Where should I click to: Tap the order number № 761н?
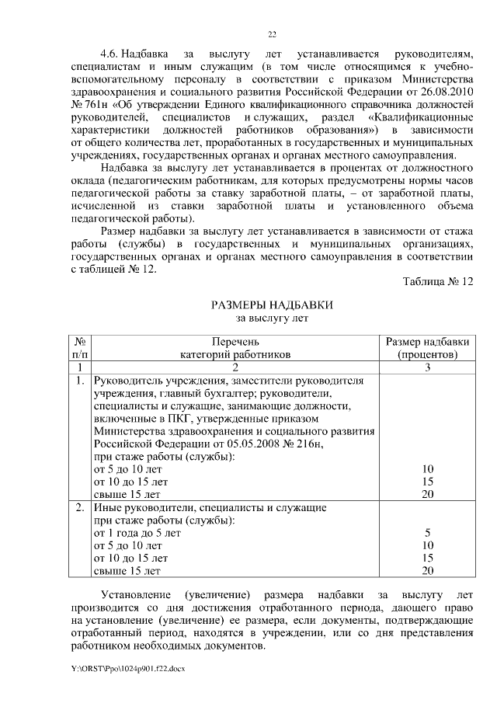coord(89,105)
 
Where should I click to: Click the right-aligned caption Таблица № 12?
coord(438,281)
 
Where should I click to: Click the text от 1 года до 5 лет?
coord(137,533)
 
